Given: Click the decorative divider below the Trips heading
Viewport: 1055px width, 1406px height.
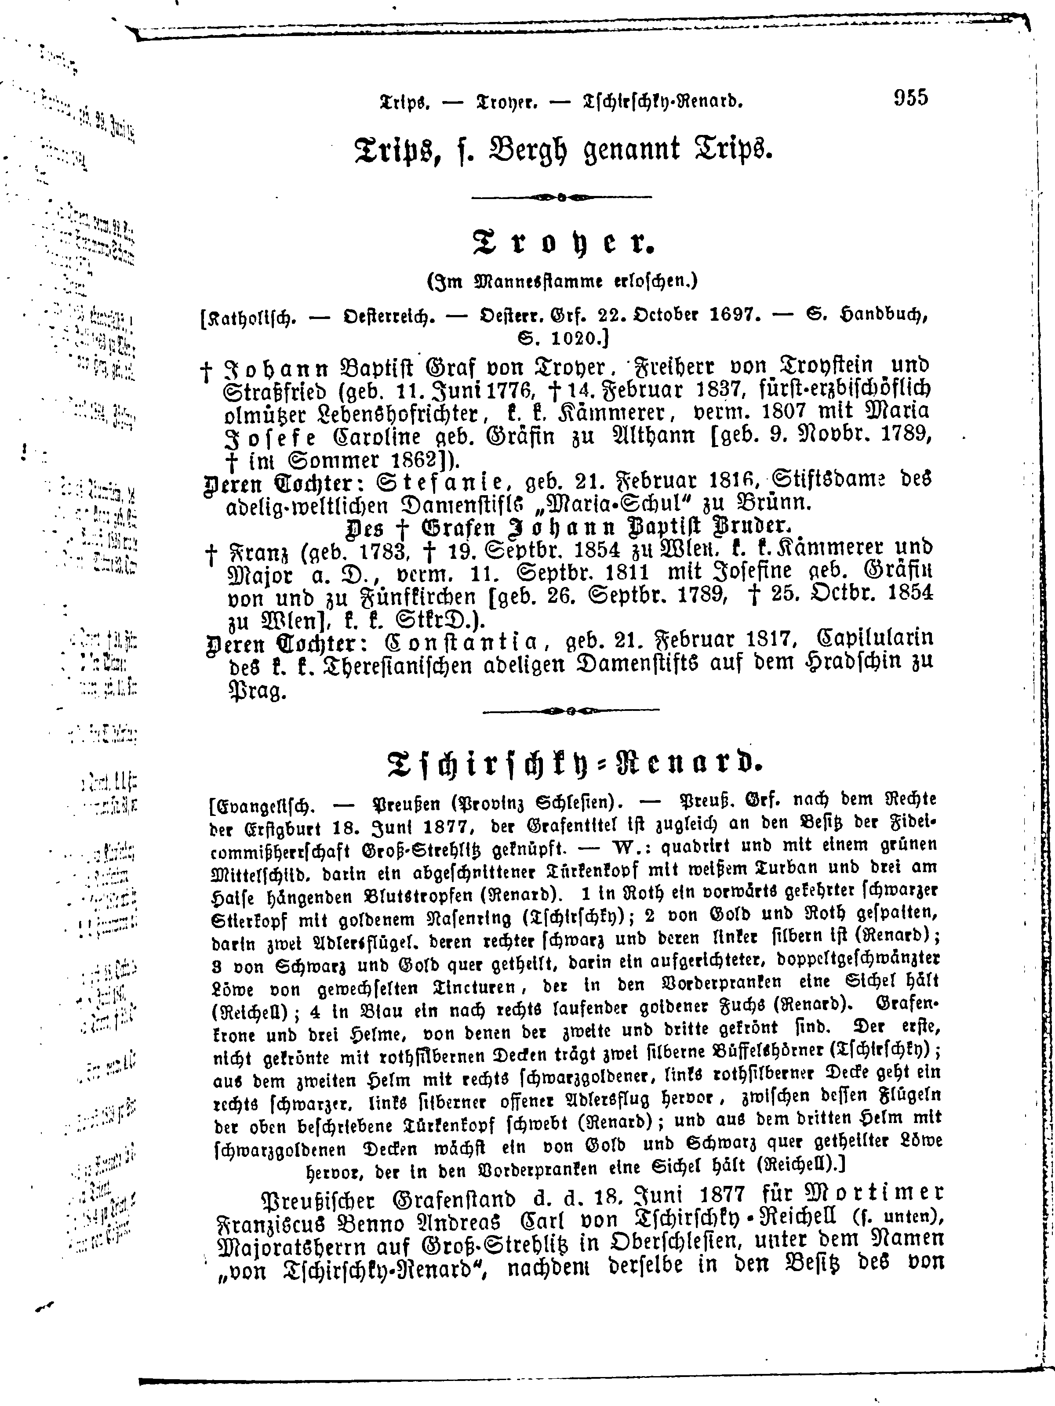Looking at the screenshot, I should point(561,198).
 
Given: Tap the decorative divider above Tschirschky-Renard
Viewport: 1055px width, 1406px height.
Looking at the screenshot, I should point(571,711).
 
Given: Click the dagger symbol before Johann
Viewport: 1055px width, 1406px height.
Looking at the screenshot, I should point(207,372).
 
